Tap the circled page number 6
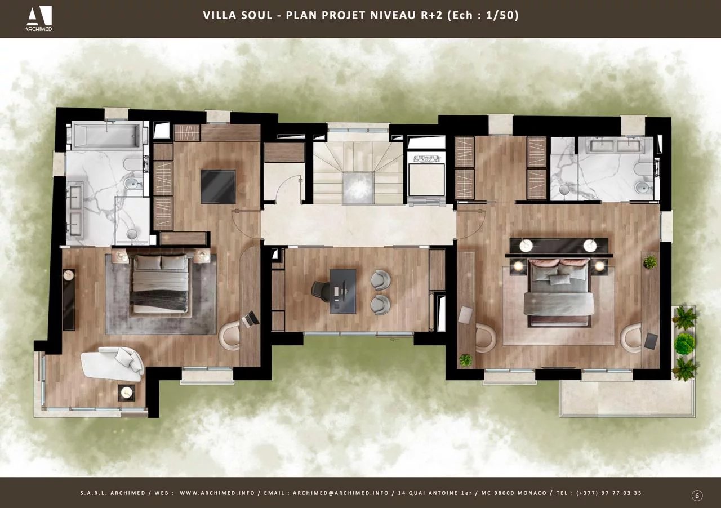point(697,496)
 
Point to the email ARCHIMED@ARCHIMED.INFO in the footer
point(340,493)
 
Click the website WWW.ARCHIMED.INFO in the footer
point(216,493)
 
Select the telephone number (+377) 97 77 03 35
point(608,493)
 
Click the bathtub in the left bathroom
point(105,136)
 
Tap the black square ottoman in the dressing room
point(218,186)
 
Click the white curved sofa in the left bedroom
point(113,362)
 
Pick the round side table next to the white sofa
point(127,393)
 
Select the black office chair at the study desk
point(321,290)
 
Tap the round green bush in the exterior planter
point(684,344)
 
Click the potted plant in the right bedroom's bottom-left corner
point(465,360)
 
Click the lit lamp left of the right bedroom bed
point(518,265)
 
